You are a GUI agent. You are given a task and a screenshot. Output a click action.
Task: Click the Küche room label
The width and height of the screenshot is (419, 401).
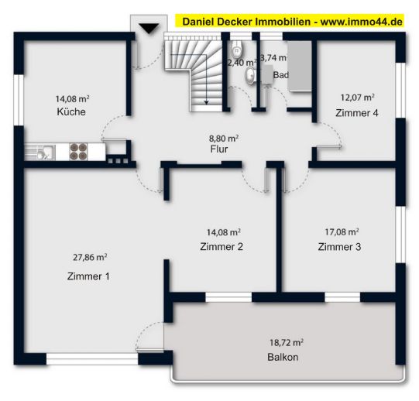[x=71, y=111]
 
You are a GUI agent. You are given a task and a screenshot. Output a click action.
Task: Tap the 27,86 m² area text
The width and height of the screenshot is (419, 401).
[x=90, y=257]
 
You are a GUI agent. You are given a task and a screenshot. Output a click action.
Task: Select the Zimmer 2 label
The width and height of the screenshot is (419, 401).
[x=222, y=247]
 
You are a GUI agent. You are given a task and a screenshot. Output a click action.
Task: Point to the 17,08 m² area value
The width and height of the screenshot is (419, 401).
[x=342, y=232]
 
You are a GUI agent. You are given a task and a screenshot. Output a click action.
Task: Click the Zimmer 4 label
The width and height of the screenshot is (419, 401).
[x=357, y=113]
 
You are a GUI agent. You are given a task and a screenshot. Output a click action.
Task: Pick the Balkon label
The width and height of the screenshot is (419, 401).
[x=283, y=357]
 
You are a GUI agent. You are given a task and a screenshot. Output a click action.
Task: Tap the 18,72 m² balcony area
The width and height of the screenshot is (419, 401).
[x=287, y=342]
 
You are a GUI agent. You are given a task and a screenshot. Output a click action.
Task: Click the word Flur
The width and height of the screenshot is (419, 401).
[x=219, y=149]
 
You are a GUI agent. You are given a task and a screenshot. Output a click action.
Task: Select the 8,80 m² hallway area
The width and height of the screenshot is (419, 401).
[x=224, y=139]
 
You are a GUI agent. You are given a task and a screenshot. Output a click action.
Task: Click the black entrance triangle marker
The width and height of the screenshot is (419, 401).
[x=149, y=28]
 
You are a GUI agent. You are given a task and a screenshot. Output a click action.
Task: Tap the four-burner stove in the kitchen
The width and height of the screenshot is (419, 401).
[x=78, y=152]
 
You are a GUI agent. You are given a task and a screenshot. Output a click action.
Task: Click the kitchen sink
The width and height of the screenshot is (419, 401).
[x=39, y=153]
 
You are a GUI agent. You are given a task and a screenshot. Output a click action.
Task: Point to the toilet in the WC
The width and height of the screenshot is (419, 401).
[x=236, y=50]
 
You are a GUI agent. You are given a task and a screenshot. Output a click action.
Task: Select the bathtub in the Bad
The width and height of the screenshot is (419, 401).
[x=300, y=66]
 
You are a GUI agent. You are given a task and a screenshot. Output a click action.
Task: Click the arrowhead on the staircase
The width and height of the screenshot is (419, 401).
[x=206, y=102]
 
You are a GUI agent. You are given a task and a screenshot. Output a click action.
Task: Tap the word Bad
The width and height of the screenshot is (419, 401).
[x=281, y=75]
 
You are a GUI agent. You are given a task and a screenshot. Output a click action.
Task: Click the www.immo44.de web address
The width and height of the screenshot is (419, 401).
[x=361, y=22]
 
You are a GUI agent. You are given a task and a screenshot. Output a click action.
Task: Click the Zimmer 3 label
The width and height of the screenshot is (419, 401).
[x=339, y=247]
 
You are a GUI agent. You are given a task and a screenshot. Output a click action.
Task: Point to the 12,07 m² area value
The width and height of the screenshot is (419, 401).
[x=357, y=98]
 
